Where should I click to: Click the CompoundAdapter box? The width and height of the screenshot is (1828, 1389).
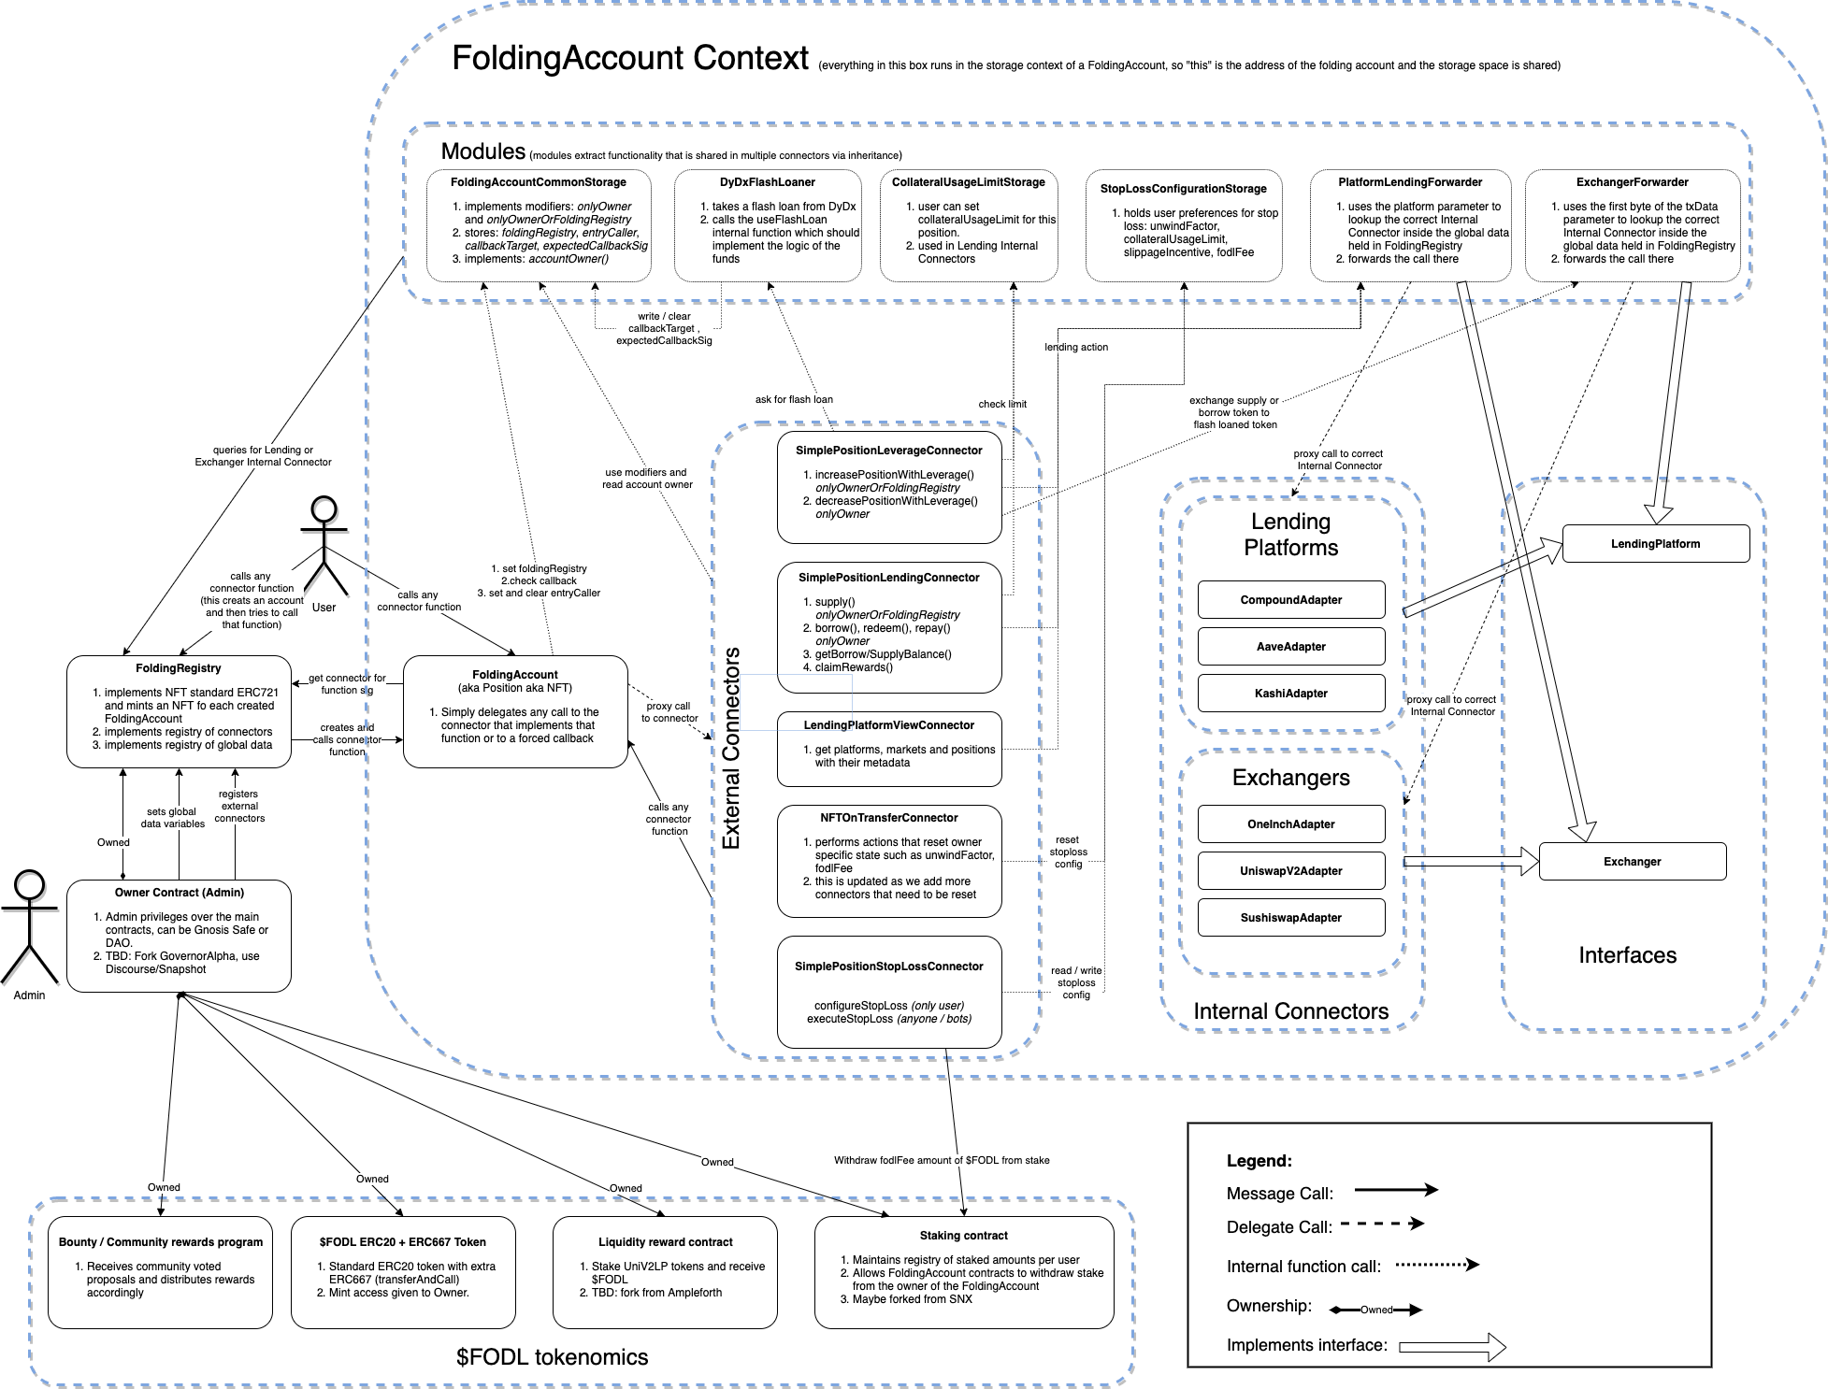pos(1290,600)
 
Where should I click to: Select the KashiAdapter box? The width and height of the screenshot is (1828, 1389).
pos(1290,694)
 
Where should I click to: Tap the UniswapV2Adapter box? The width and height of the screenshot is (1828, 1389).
pos(1290,871)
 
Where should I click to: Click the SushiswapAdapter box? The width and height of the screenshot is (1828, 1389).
pos(1290,918)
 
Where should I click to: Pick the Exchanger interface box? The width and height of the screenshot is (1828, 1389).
pos(1632,862)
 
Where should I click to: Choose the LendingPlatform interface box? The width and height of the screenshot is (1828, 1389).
pos(1655,544)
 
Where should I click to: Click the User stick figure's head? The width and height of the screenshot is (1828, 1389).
pos(324,509)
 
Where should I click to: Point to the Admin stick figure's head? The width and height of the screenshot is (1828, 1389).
pos(30,884)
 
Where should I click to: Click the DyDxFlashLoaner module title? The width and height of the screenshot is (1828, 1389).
pos(767,182)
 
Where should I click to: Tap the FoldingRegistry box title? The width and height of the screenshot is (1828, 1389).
pos(179,668)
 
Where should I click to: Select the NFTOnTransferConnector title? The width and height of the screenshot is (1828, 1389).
pos(888,818)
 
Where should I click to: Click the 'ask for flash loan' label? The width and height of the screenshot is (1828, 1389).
pos(794,399)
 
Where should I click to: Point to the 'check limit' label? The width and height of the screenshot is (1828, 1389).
pos(1002,404)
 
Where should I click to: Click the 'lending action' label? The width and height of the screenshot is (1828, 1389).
pos(1076,347)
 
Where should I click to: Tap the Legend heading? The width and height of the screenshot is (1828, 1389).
pos(1259,1161)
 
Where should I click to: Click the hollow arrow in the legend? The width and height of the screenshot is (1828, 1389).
pos(1452,1347)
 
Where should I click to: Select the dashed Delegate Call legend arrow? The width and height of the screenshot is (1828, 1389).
pos(1382,1224)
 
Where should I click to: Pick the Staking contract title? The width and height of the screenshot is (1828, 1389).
pos(963,1236)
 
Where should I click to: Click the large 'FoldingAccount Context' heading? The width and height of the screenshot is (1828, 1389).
pos(629,58)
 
